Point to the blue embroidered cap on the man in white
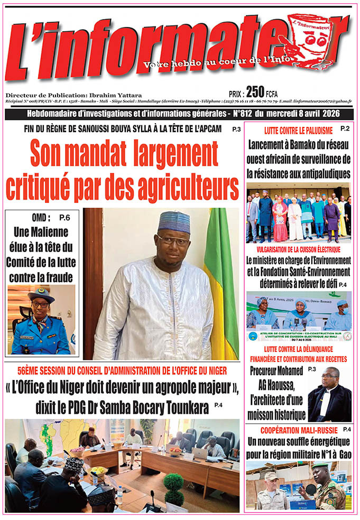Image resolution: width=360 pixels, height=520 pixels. tap(174, 221)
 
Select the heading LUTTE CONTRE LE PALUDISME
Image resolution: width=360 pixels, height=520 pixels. tap(291, 129)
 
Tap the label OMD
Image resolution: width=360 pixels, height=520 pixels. tap(41, 217)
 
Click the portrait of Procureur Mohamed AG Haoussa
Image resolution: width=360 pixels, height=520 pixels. tap(330, 393)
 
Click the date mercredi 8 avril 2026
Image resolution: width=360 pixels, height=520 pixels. tap(308, 114)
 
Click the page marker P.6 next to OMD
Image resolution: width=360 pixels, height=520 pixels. tap(64, 217)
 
